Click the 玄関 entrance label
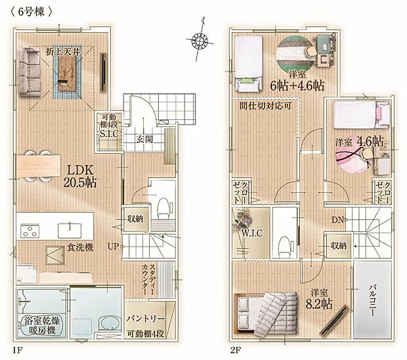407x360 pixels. [145, 139]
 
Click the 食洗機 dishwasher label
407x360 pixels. [79, 247]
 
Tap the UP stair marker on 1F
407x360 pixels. [112, 247]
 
